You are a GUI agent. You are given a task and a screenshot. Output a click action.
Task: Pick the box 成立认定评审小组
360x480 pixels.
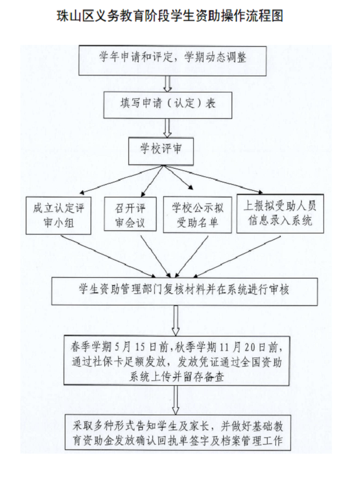tap(58, 215)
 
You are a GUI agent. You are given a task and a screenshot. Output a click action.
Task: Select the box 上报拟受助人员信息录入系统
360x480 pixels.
tap(281, 213)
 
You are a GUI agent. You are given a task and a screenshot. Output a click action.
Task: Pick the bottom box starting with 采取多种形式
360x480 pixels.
tap(181, 433)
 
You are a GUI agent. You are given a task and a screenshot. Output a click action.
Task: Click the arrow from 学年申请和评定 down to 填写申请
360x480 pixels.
tap(169, 82)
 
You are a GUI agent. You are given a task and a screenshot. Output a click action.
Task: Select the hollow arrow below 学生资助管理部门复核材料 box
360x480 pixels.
tap(175, 320)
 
